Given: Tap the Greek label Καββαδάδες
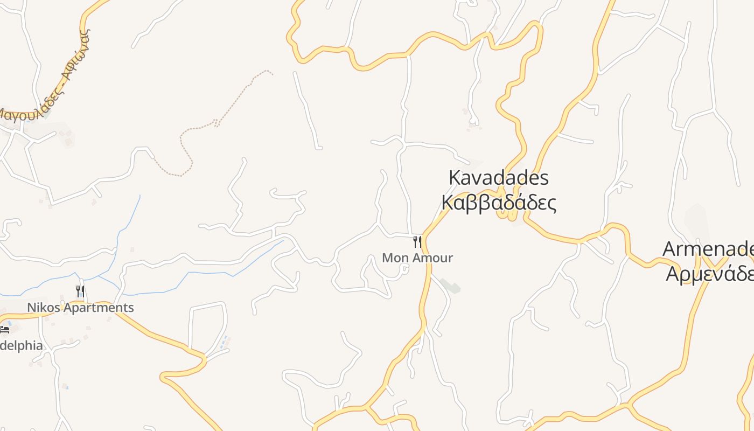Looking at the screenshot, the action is (x=498, y=203).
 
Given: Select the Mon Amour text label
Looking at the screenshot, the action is (x=417, y=258).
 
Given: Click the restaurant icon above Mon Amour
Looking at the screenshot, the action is (x=417, y=241).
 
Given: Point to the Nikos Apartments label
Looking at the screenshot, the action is (x=80, y=308).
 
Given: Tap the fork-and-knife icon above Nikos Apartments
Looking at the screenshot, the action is (x=80, y=291).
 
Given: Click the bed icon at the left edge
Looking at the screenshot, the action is (x=4, y=329).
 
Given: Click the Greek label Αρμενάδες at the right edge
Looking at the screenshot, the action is (x=710, y=273).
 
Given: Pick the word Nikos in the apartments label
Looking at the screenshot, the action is (x=44, y=308).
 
